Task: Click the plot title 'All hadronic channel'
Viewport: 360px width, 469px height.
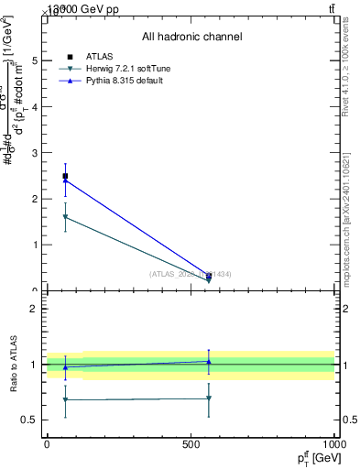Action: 191,37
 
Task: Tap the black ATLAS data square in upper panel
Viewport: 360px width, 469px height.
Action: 65,176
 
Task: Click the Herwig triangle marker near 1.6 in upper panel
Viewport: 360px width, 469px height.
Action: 65,217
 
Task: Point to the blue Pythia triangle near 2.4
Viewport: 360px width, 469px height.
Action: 65,180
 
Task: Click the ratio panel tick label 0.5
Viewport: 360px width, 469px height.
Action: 30,420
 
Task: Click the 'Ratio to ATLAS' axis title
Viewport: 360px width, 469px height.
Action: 14,365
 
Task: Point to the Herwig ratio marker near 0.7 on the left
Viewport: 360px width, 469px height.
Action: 65,399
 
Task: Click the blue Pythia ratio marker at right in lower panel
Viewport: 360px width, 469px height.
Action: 209,362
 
